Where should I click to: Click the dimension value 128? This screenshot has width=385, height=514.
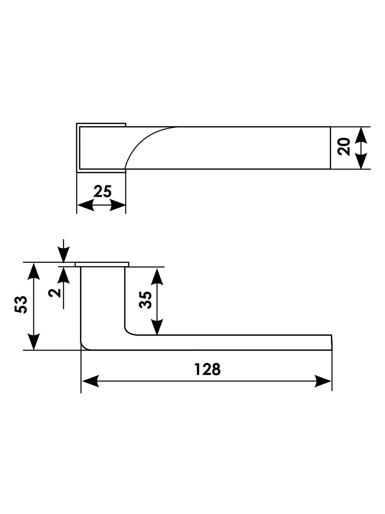207,369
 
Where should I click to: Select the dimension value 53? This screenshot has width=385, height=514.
21,304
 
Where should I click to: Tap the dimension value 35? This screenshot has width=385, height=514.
146,300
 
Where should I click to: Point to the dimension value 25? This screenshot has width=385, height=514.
102,192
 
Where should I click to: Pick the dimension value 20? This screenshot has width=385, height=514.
345,146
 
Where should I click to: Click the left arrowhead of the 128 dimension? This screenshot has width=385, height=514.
90,381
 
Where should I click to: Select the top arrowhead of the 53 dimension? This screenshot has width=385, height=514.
34,272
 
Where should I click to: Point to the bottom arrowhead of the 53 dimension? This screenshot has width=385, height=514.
34,341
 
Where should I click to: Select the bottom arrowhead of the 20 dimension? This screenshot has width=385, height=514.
362,161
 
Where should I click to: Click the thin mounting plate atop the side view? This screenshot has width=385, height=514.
102,264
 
